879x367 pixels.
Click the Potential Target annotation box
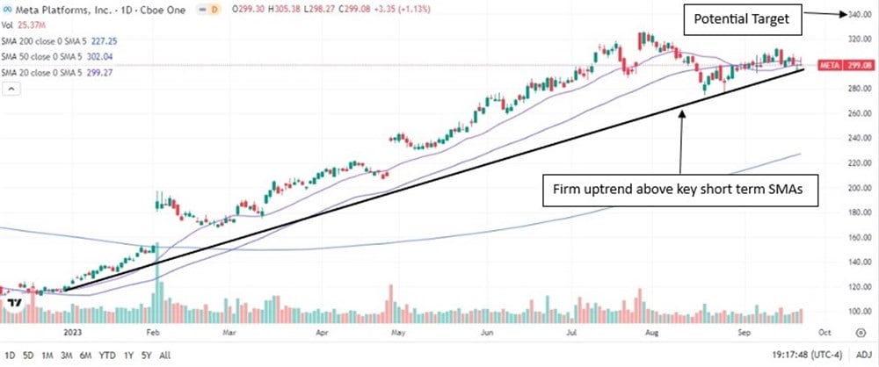coord(737,18)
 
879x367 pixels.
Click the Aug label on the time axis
coord(650,334)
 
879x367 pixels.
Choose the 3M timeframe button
coord(67,355)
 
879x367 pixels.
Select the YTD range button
coord(108,355)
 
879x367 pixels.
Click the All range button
coord(164,355)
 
